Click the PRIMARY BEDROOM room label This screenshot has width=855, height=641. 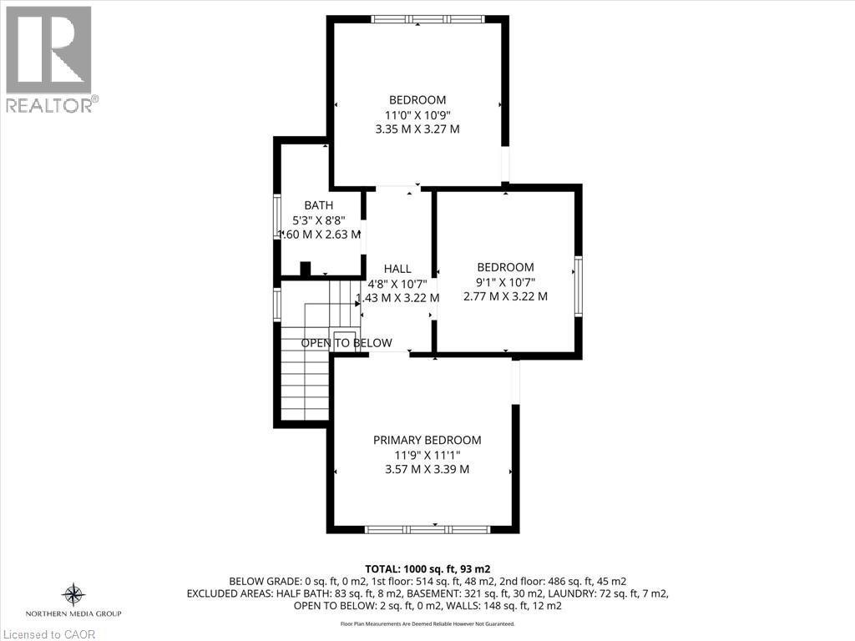coord(427,440)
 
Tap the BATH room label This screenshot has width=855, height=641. coord(318,205)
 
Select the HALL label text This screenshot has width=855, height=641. coord(397,268)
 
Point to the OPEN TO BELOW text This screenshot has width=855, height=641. coord(346,343)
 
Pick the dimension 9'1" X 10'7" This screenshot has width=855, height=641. coord(505,282)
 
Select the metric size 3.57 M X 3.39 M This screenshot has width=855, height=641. coord(427,469)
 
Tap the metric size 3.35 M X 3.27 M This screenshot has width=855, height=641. coord(417,129)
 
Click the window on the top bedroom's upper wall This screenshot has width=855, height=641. coord(427,19)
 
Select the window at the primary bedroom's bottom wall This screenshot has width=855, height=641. coord(427,529)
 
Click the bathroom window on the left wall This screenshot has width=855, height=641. coord(278,218)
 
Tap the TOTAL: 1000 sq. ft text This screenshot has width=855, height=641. coord(427,568)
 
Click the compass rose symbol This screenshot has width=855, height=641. coord(73,594)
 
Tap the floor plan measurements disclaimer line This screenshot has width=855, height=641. coord(427,623)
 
